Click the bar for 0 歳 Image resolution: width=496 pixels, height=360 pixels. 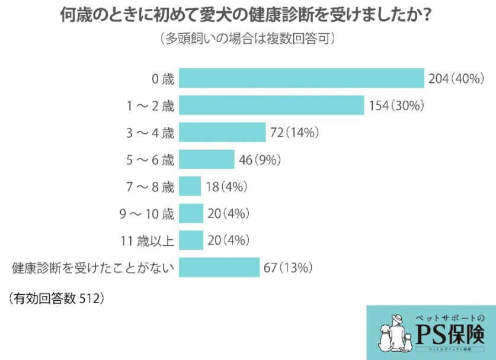pos(302,79)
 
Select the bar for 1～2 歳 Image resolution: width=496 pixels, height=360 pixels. pos(271,105)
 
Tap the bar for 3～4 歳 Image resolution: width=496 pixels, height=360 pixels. pos(222,133)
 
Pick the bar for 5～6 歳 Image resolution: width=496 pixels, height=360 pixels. pos(206,159)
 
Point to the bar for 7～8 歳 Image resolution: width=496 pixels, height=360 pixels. pos(190,187)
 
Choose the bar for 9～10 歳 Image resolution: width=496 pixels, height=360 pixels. pos(191,213)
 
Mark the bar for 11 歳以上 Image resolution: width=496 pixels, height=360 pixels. pos(191,240)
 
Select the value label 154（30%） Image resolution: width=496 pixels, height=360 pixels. pos(395,105)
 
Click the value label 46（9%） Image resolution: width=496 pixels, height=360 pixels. pos(259,159)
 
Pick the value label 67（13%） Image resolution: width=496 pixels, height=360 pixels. pos(287,267)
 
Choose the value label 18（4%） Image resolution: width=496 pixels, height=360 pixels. pos(226,187)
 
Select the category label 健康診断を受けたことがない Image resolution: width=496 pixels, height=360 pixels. pos(94,268)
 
